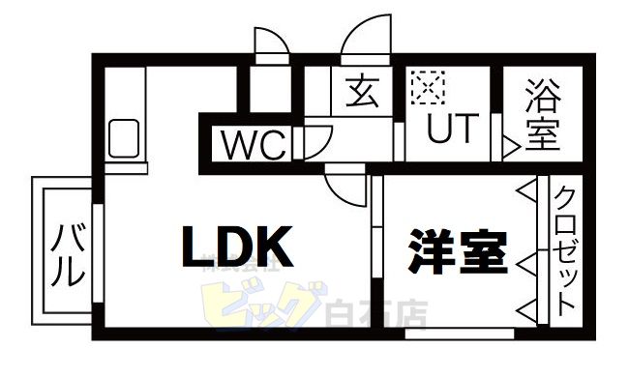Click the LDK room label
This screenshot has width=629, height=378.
237,247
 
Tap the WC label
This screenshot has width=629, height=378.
254,146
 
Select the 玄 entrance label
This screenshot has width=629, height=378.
361,93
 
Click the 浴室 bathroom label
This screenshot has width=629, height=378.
543,115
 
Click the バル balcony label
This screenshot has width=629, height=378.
66,254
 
